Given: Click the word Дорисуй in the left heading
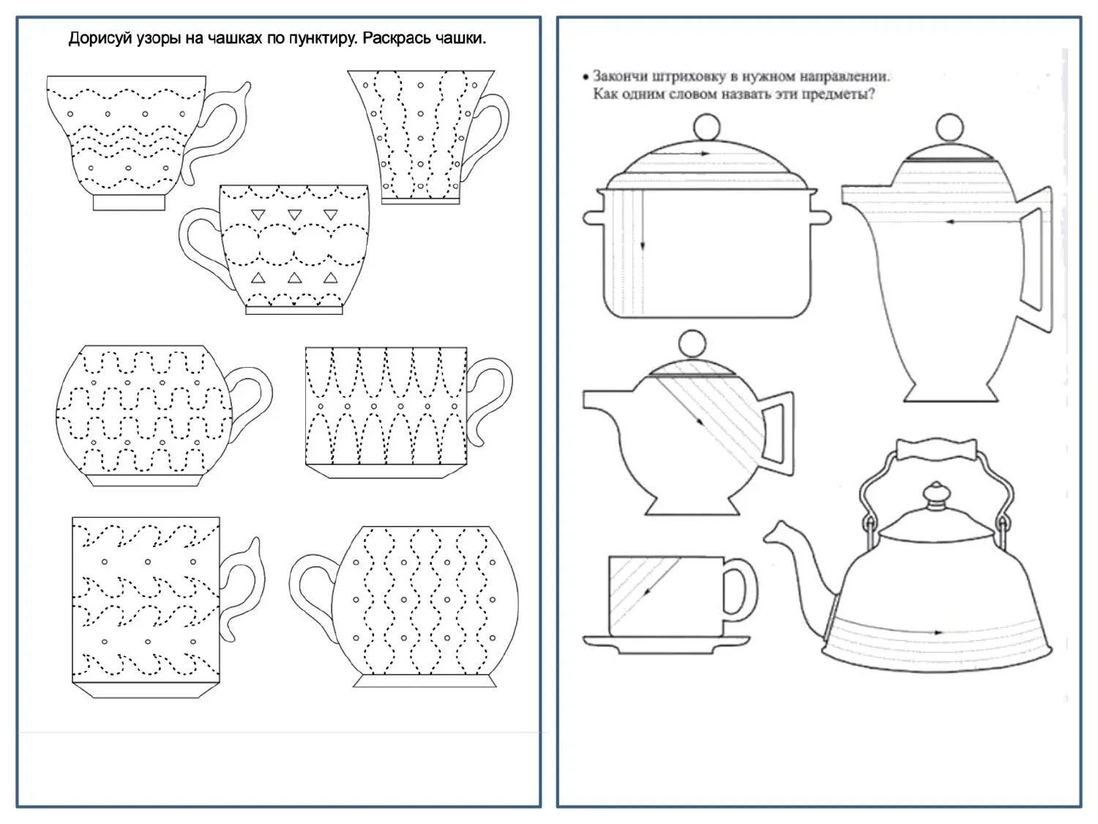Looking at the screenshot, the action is [99, 39].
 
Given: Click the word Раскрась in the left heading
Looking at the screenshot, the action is [396, 39].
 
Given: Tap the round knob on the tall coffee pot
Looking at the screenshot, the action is [949, 127].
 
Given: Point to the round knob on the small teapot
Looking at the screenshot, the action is [692, 344].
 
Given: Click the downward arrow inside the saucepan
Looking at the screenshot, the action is [642, 220].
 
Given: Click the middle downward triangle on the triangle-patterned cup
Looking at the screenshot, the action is [295, 215].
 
